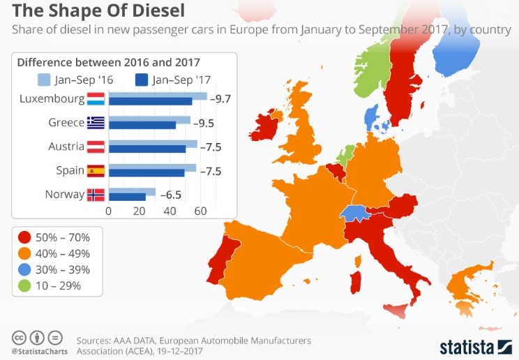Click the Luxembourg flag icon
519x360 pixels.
point(96,98)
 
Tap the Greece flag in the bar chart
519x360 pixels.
point(96,123)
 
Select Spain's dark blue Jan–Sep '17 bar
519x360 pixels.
point(146,173)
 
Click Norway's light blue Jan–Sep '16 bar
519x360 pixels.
point(132,191)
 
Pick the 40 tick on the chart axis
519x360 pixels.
point(170,211)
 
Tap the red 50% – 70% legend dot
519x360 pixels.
point(24,237)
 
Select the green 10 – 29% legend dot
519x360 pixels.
point(24,285)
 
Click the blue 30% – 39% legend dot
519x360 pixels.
point(24,269)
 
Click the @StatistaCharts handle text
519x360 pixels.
point(40,350)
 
